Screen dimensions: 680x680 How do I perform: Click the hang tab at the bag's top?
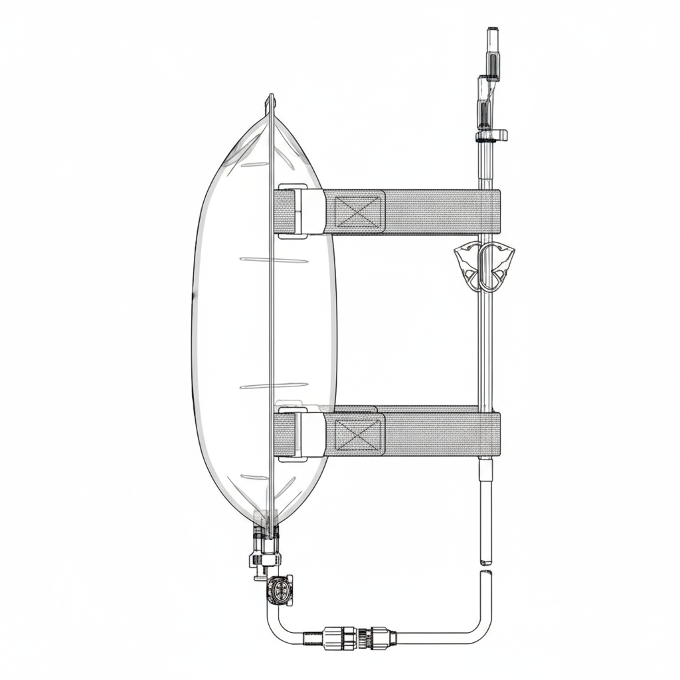click(x=270, y=103)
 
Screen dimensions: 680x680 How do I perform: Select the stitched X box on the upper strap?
click(x=359, y=212)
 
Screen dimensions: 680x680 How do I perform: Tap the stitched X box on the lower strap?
click(x=359, y=435)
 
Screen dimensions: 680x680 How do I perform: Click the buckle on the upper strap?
click(x=301, y=211)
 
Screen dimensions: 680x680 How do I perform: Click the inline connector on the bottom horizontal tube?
click(x=350, y=639)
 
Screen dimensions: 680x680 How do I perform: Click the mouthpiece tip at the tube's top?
click(x=492, y=33)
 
